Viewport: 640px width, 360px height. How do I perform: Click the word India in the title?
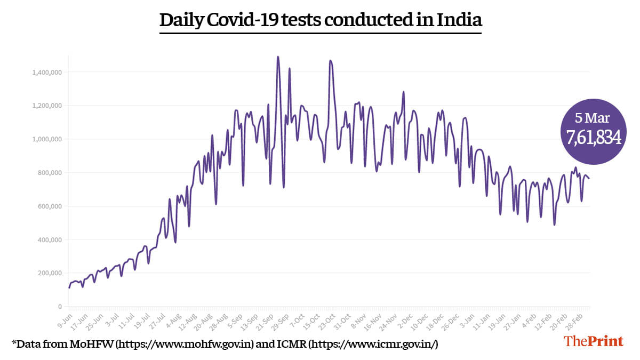coord(459,20)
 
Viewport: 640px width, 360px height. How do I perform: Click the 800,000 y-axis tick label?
coord(51,173)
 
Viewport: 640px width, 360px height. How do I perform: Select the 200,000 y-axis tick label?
coord(51,273)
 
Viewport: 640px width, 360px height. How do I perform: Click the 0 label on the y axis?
coord(60,307)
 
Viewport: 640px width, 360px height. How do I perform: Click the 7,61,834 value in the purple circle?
coord(593,137)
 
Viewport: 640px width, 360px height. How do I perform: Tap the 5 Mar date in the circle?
coord(593,118)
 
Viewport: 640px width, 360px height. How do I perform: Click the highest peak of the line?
coord(278,57)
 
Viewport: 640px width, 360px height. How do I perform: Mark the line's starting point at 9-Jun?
coord(69,288)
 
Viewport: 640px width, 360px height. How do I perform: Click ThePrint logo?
coord(594,341)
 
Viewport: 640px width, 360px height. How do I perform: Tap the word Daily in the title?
coord(181,20)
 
